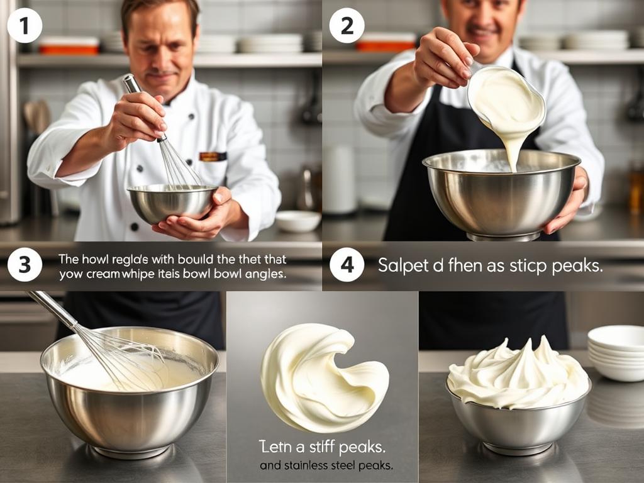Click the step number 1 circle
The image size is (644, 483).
[x=25, y=26]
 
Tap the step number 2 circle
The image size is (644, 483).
[x=347, y=26]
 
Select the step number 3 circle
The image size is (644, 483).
[x=25, y=264]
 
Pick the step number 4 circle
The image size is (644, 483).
[x=347, y=264]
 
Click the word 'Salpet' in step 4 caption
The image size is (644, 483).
[x=401, y=265]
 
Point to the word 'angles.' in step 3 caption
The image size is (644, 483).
[x=267, y=275]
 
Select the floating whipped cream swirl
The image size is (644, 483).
[x=321, y=377]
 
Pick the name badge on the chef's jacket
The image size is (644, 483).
[x=213, y=157]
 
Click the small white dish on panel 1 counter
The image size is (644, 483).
[x=298, y=221]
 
